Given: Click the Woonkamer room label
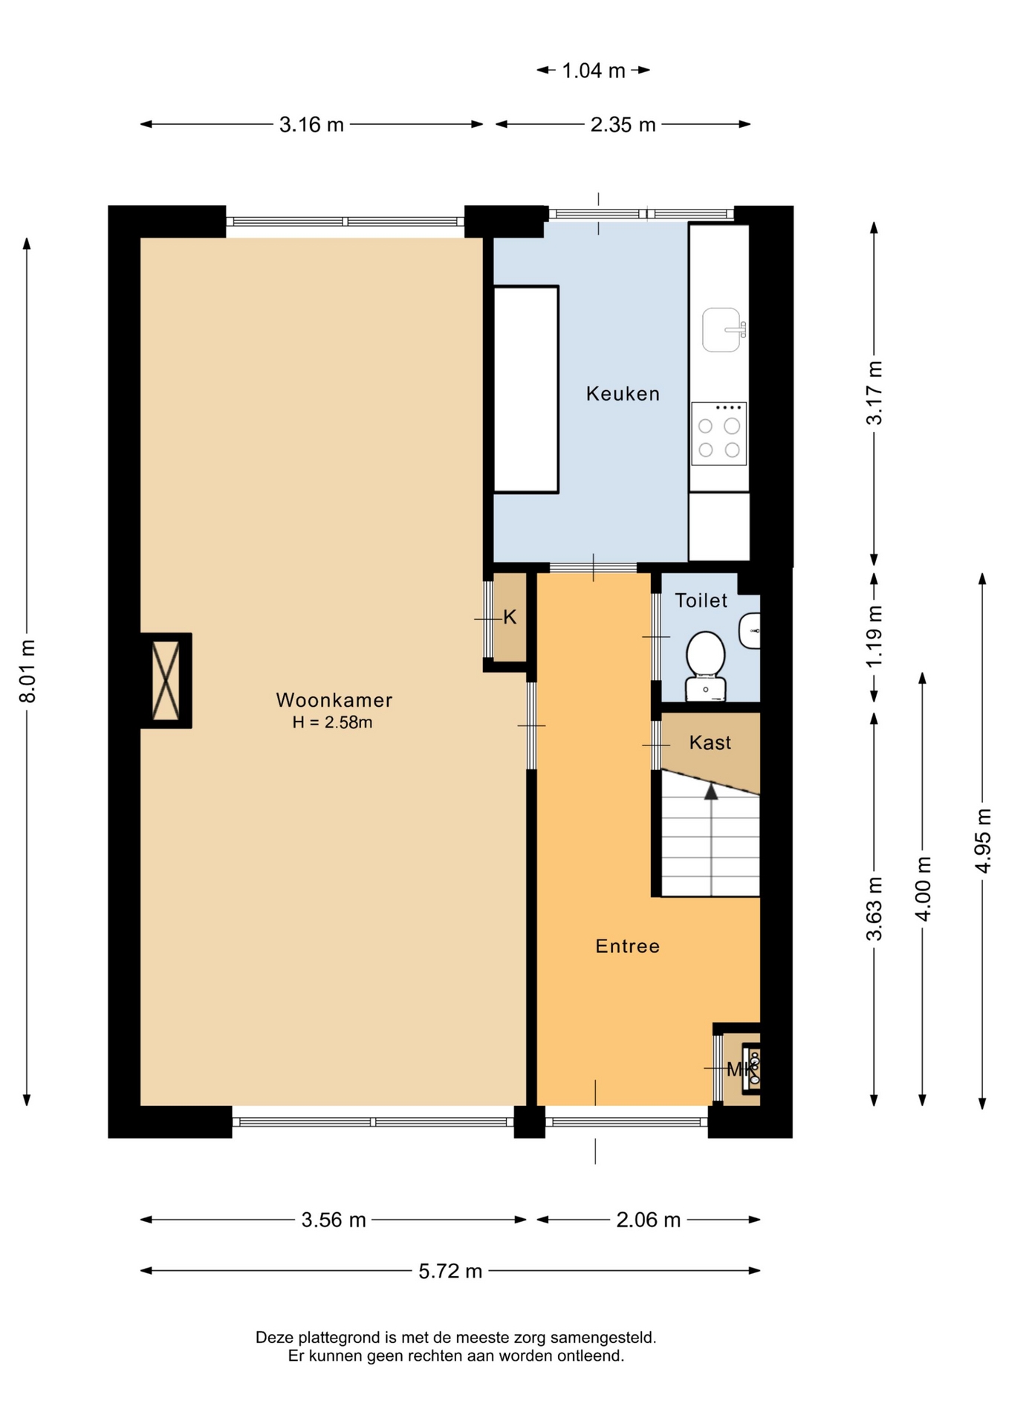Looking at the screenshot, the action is [x=334, y=699].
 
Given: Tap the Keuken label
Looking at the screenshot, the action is [x=623, y=393].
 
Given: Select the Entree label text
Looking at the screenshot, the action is [x=628, y=945].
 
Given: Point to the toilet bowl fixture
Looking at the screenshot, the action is [x=705, y=665].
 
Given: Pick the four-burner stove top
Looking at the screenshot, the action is [x=718, y=433].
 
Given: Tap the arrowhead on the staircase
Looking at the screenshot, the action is [x=711, y=792].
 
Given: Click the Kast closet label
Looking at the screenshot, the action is [x=710, y=742].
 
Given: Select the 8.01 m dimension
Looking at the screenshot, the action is [x=27, y=671].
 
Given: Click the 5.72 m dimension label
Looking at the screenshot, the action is [x=450, y=1271].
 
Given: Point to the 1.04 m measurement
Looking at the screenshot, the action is [x=593, y=71].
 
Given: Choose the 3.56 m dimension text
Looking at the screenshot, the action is [x=334, y=1220].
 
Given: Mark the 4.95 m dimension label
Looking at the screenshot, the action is [x=982, y=841].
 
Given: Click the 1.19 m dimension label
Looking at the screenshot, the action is [x=875, y=636].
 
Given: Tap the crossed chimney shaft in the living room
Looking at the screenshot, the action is [x=166, y=680].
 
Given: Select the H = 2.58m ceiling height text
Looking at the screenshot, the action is [x=332, y=722].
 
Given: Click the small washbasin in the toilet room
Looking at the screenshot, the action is [x=750, y=631].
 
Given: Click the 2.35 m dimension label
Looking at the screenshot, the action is [x=623, y=124].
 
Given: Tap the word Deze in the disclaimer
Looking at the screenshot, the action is [x=274, y=1338].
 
